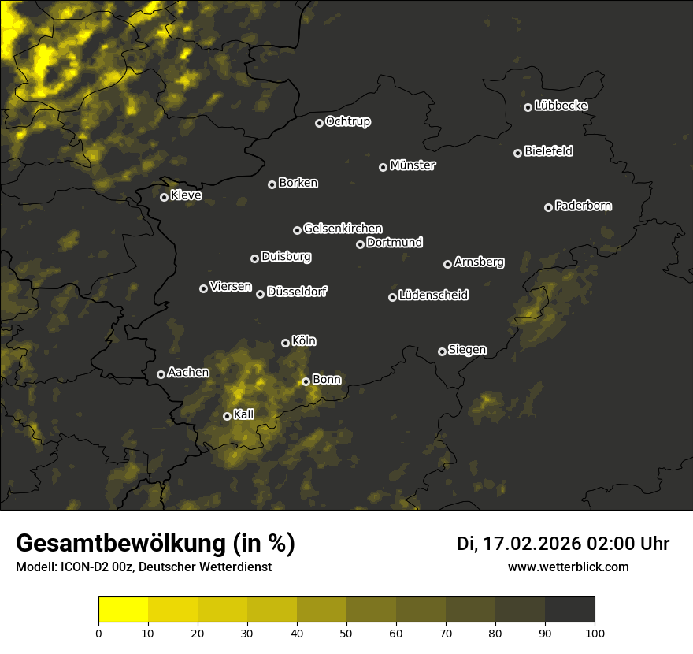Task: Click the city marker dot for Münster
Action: [x=384, y=167]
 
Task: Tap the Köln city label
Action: [x=304, y=341]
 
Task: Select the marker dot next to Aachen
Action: [x=161, y=374]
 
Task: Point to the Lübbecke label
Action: [x=561, y=106]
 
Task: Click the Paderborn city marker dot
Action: [x=549, y=207]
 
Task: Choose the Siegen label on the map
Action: [x=467, y=350]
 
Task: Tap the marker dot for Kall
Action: [x=228, y=416]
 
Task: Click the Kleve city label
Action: [x=186, y=195]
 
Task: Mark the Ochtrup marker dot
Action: [x=320, y=123]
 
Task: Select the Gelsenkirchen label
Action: [x=343, y=229]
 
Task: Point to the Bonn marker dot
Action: [x=306, y=381]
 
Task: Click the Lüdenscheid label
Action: [x=433, y=295]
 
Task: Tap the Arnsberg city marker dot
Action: [x=448, y=264]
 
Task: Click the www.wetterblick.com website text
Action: [x=569, y=567]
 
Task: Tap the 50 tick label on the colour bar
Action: [x=346, y=633]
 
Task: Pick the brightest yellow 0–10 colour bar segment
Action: [x=124, y=610]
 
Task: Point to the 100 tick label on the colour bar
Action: [x=595, y=633]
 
